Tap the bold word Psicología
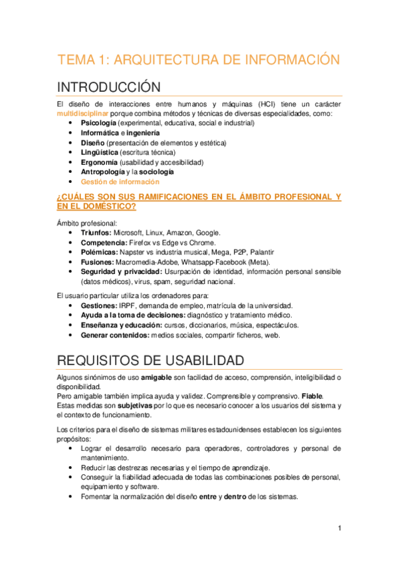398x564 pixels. point(100,123)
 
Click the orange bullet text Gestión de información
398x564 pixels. point(120,181)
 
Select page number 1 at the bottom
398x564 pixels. point(339,528)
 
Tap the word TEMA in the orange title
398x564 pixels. point(76,59)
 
